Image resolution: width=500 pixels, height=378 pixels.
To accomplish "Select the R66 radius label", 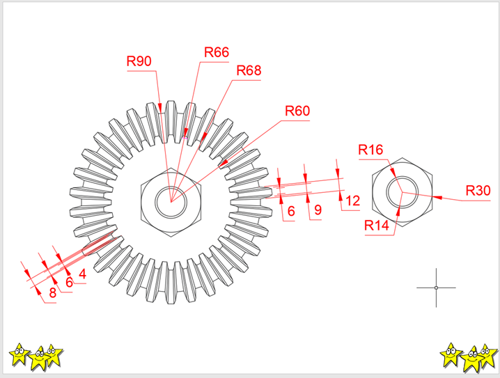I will (x=217, y=53).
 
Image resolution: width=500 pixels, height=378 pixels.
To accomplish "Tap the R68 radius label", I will (x=249, y=70).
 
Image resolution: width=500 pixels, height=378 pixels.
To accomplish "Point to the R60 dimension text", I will (x=297, y=111).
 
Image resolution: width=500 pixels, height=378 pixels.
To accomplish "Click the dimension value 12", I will (x=352, y=201).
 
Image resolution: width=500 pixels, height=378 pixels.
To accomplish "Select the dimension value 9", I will (x=318, y=210).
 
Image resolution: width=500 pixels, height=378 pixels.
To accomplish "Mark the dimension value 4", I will (x=82, y=274).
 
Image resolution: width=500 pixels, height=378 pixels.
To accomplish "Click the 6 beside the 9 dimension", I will (x=291, y=210).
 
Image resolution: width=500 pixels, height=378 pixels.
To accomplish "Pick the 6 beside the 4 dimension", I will (x=69, y=283).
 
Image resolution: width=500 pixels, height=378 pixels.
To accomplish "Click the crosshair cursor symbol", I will (x=436, y=288).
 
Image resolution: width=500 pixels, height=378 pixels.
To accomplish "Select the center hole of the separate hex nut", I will (x=402, y=193).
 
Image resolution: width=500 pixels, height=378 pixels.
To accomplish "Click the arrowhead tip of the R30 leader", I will (x=433, y=197).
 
